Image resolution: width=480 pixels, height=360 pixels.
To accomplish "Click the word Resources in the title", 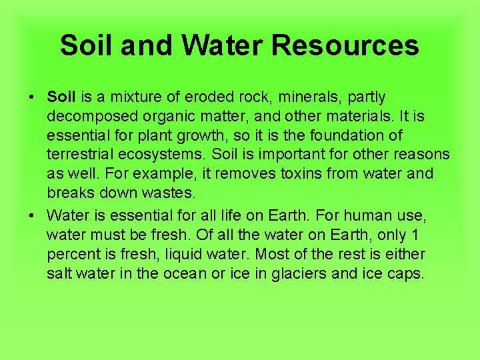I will tap(345, 45).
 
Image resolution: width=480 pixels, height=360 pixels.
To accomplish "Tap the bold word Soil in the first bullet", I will tap(61, 97).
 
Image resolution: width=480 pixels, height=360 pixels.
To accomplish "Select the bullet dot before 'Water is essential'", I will tap(32, 215).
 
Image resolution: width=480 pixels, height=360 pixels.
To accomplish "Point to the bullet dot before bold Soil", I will tap(32, 97).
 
